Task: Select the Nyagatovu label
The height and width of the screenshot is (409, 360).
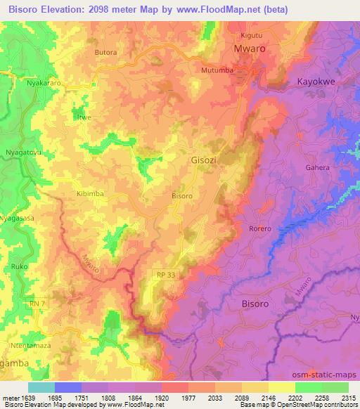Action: [25, 152]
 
